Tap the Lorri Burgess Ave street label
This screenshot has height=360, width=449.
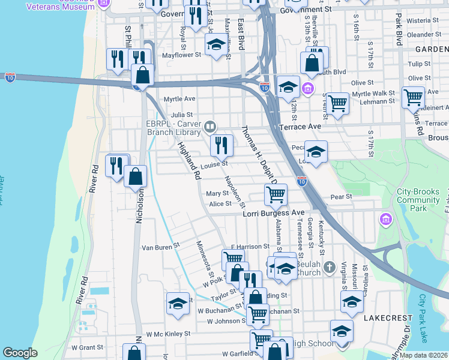click(x=274, y=213)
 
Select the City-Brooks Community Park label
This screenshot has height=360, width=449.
click(x=420, y=200)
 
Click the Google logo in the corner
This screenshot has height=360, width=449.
click(x=20, y=353)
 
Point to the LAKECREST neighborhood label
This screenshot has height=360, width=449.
click(x=388, y=317)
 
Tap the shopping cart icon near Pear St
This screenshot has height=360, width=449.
click(x=276, y=194)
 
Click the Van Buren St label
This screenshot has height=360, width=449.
click(x=160, y=246)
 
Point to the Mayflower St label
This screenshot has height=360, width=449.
click(x=182, y=55)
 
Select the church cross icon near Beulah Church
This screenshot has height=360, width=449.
click(x=328, y=266)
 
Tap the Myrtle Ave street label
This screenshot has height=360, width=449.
click(x=179, y=98)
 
